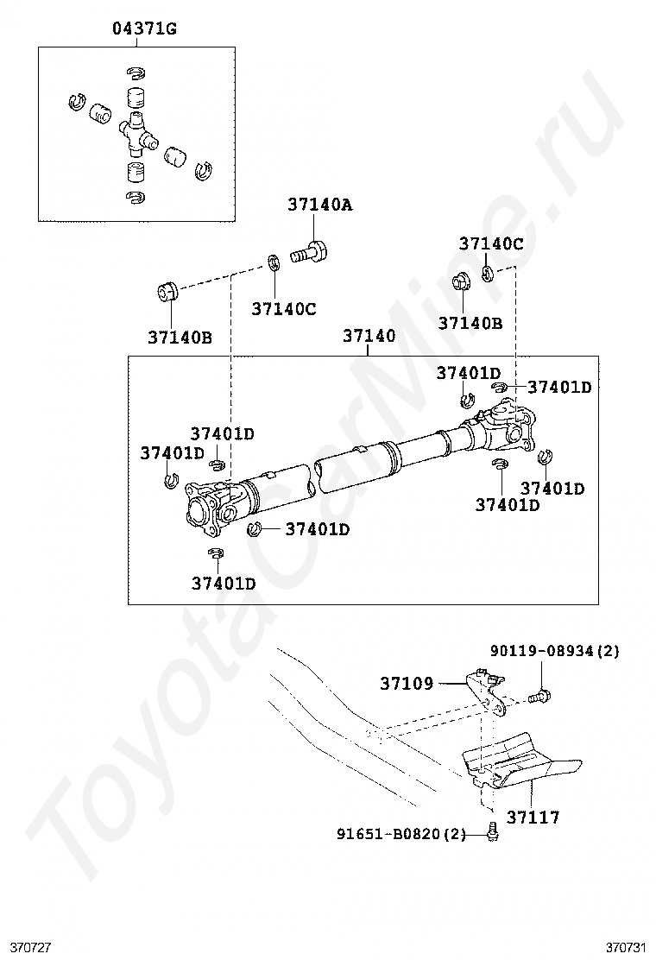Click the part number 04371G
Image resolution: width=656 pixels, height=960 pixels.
(144, 29)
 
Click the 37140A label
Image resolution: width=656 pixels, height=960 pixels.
(319, 205)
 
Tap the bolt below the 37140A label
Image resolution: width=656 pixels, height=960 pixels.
(310, 252)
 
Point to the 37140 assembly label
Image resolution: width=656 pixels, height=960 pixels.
(369, 337)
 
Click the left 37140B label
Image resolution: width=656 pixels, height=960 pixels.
(180, 338)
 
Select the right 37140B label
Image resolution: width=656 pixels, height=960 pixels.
(470, 323)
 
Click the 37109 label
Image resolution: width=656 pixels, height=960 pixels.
(407, 684)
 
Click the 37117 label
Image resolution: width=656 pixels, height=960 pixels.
(533, 816)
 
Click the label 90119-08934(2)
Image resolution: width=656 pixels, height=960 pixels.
(555, 651)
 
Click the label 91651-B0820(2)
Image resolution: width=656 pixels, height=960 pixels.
(401, 834)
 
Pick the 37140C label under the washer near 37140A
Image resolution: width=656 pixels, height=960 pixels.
(284, 308)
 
